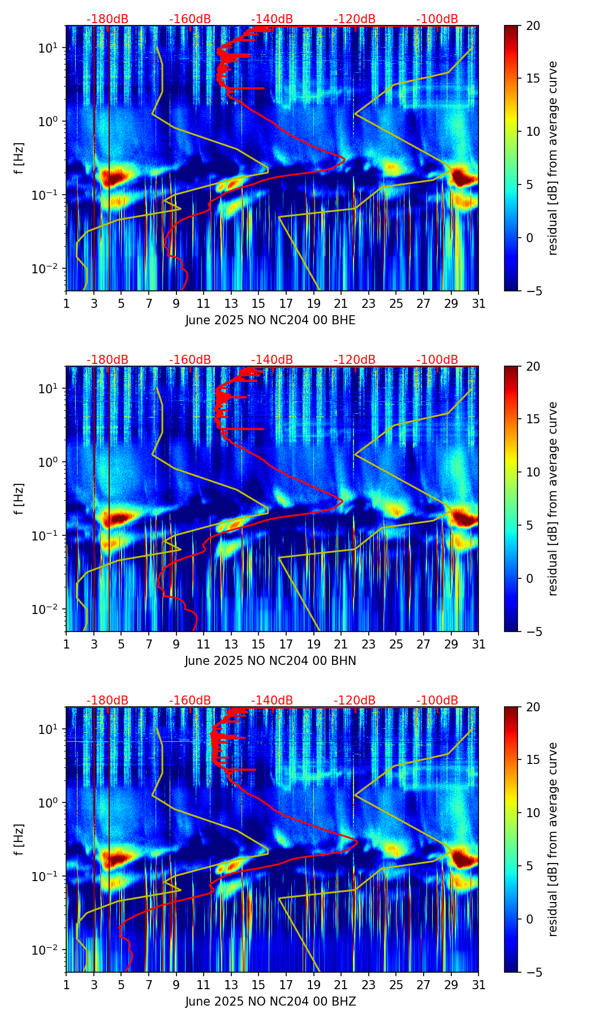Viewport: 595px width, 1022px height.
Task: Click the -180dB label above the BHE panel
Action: point(107,19)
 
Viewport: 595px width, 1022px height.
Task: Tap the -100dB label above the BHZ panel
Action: point(437,701)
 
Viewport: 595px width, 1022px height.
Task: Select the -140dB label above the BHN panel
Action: point(272,360)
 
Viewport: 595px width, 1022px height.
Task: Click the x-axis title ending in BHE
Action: point(270,320)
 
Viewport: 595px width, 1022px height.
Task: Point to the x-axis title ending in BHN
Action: point(270,661)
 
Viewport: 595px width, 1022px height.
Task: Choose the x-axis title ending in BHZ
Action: point(270,1002)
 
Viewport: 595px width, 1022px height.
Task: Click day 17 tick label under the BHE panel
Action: point(286,303)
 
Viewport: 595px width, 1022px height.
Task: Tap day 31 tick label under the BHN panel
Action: point(478,644)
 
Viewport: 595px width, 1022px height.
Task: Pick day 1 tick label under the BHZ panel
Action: point(66,985)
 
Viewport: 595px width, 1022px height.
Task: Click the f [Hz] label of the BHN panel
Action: point(20,499)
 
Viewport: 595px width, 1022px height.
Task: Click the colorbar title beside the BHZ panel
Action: point(553,839)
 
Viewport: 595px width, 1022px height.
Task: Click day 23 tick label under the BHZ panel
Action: point(368,985)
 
